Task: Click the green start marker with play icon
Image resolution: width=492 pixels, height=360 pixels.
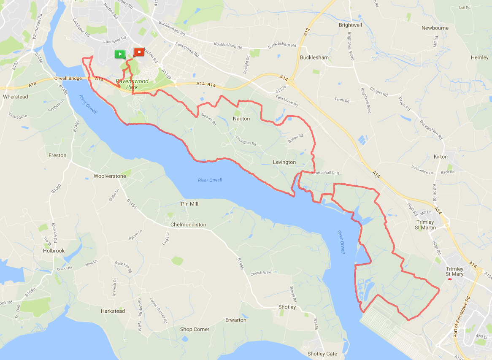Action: (120, 54)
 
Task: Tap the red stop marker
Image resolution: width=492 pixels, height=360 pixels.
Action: (138, 52)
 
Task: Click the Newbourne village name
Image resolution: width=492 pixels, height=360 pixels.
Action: (435, 28)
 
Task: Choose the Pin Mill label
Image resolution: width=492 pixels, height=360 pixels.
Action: (189, 204)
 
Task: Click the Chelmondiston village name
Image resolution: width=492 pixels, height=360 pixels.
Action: (188, 225)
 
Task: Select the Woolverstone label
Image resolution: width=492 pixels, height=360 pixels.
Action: (110, 176)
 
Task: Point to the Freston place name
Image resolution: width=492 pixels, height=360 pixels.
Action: (57, 155)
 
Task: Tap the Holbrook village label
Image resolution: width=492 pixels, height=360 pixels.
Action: (54, 251)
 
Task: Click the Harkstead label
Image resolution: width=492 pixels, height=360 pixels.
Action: (113, 311)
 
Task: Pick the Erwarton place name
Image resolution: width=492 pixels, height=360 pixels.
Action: (235, 320)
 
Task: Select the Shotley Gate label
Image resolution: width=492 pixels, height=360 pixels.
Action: (322, 354)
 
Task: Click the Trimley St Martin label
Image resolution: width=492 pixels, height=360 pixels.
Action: (425, 225)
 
